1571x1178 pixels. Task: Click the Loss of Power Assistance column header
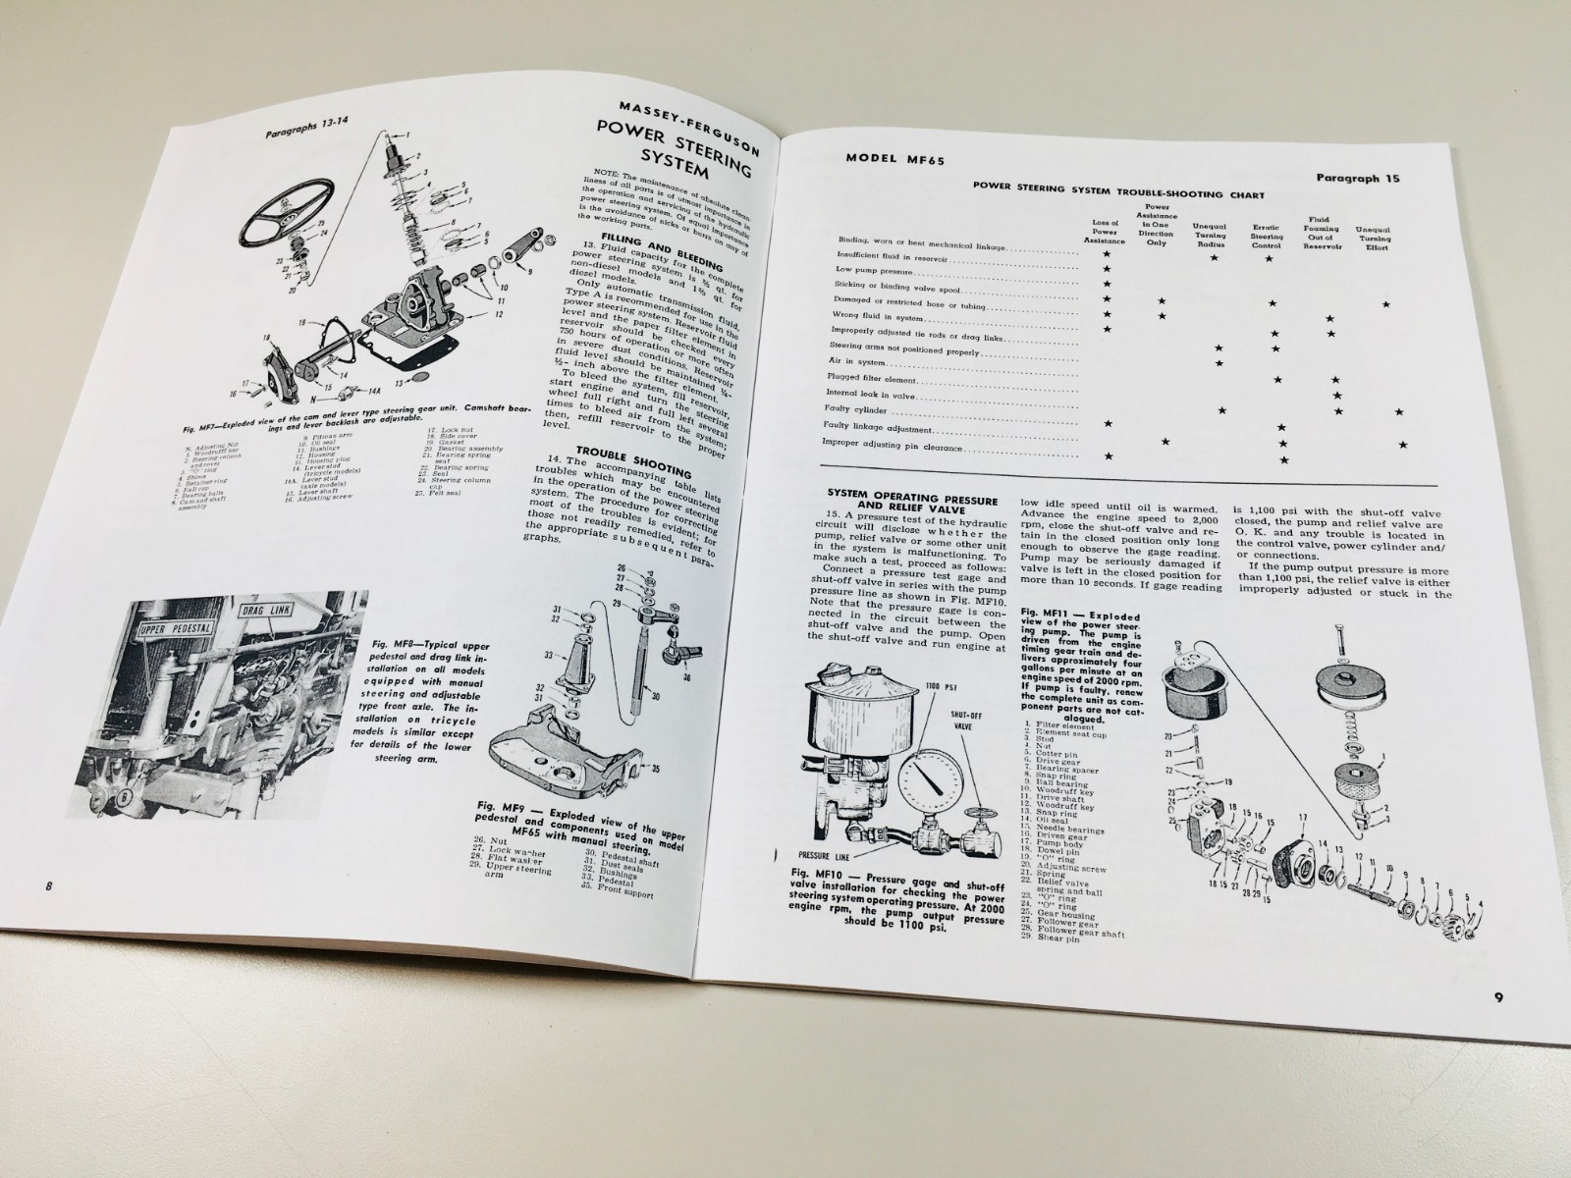point(1105,232)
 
